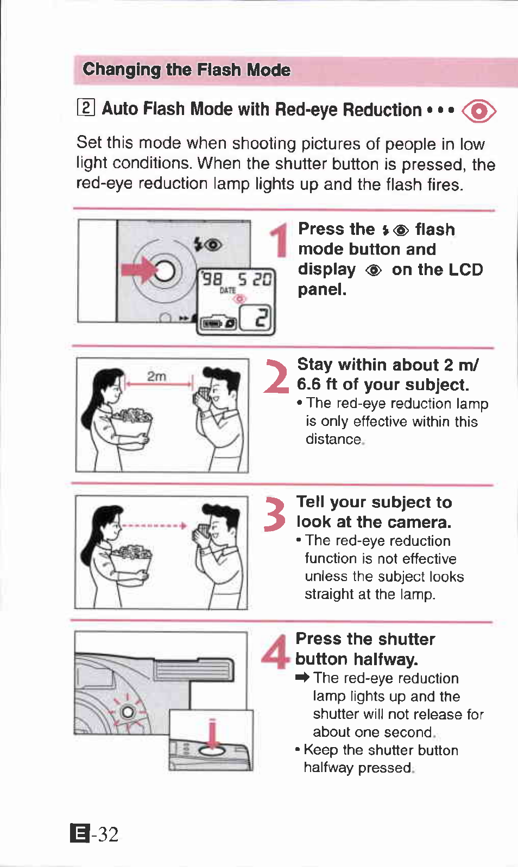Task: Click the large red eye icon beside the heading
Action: pyautogui.click(x=479, y=111)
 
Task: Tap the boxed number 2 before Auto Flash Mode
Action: pyautogui.click(x=86, y=108)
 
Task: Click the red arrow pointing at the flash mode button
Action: pyautogui.click(x=138, y=270)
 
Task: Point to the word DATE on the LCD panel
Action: pyautogui.click(x=228, y=290)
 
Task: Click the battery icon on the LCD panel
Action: pyautogui.click(x=212, y=323)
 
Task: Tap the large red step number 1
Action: pyautogui.click(x=280, y=240)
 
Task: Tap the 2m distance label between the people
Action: pyautogui.click(x=156, y=376)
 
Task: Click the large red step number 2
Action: pyautogui.click(x=276, y=376)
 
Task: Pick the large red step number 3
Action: pyautogui.click(x=275, y=514)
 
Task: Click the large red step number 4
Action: pyautogui.click(x=275, y=652)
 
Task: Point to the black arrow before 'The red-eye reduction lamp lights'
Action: pyautogui.click(x=302, y=677)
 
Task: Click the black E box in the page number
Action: pyautogui.click(x=80, y=833)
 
